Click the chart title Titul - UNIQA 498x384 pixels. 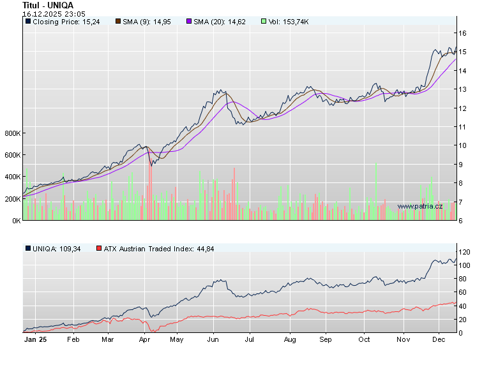tap(47, 5)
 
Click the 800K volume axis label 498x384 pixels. tap(13, 133)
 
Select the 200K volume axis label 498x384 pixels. tap(13, 199)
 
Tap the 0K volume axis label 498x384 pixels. tap(15, 221)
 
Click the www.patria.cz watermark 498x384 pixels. tap(419, 206)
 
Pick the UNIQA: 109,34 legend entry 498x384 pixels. tap(56, 248)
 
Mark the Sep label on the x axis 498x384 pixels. tap(326, 339)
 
